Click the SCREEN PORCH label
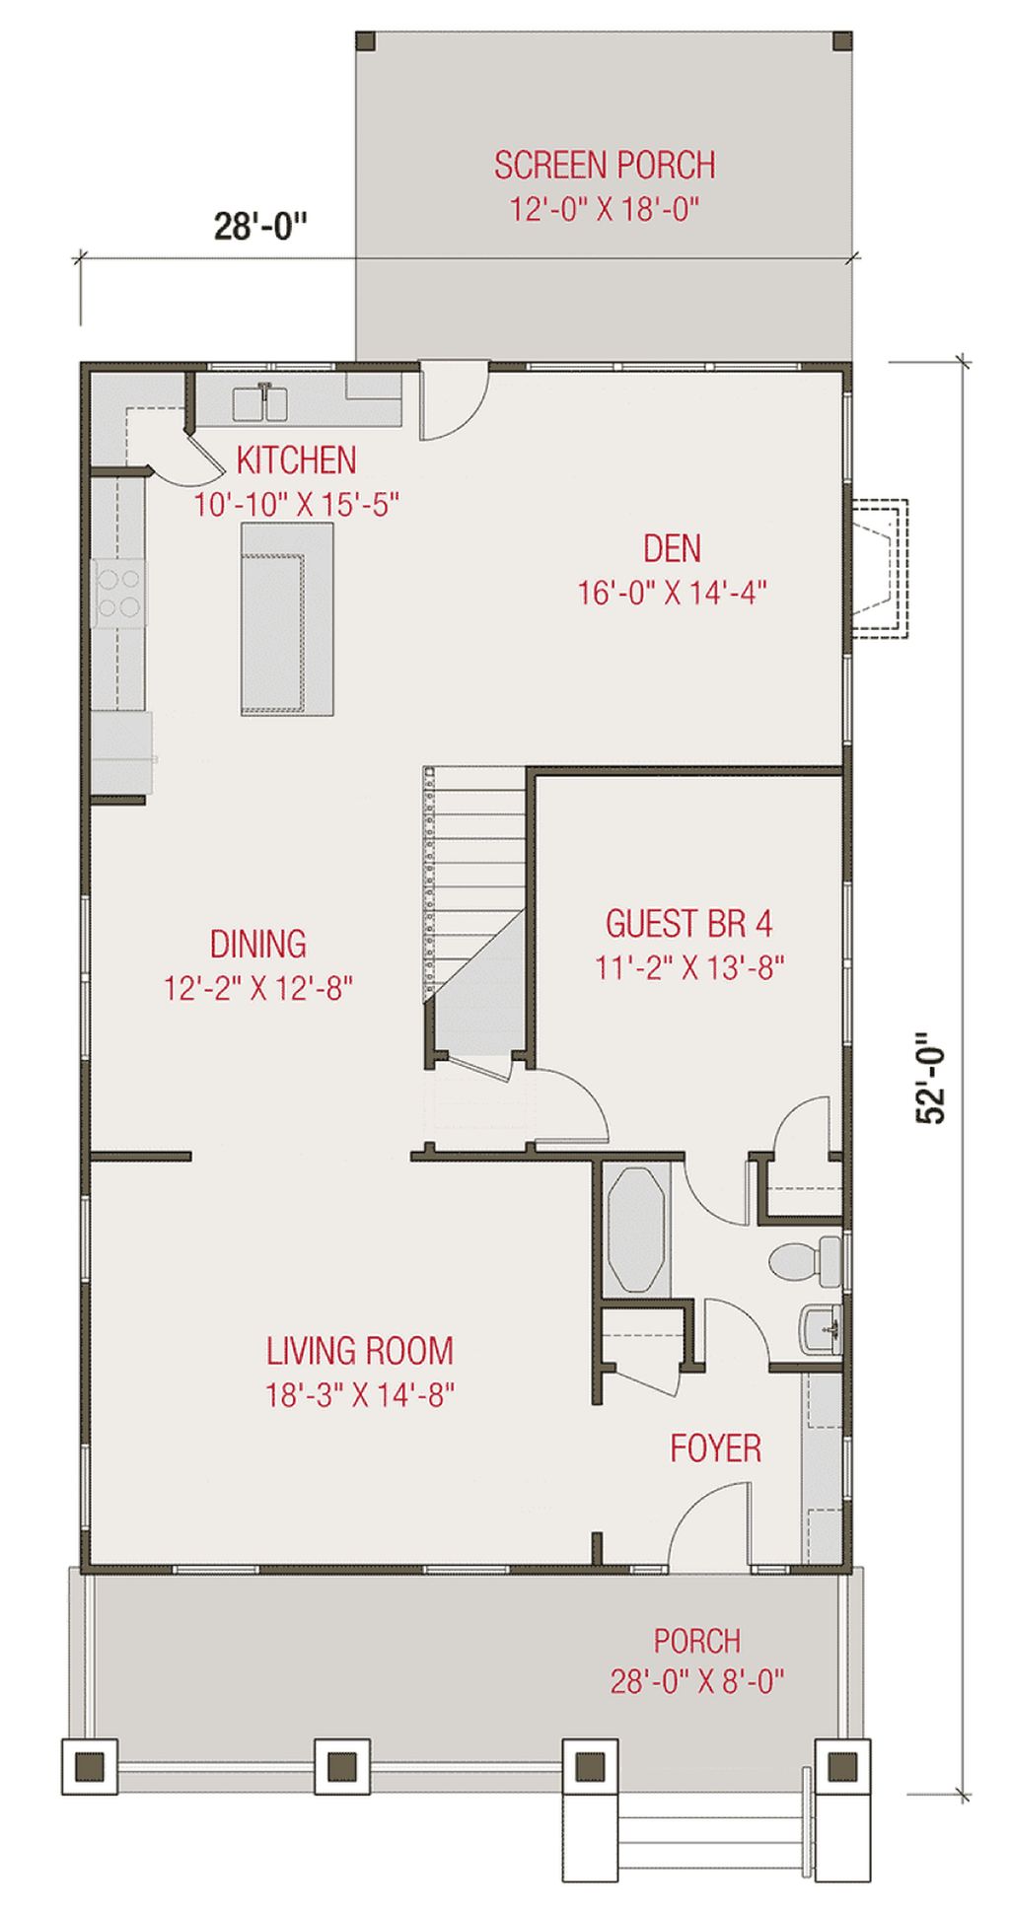point(605,165)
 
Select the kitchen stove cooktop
point(119,593)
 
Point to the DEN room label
point(673,548)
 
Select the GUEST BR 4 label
point(688,924)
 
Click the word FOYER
point(716,1448)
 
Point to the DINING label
point(258,944)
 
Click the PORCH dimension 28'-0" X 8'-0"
point(697,1680)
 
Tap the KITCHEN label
point(297,459)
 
